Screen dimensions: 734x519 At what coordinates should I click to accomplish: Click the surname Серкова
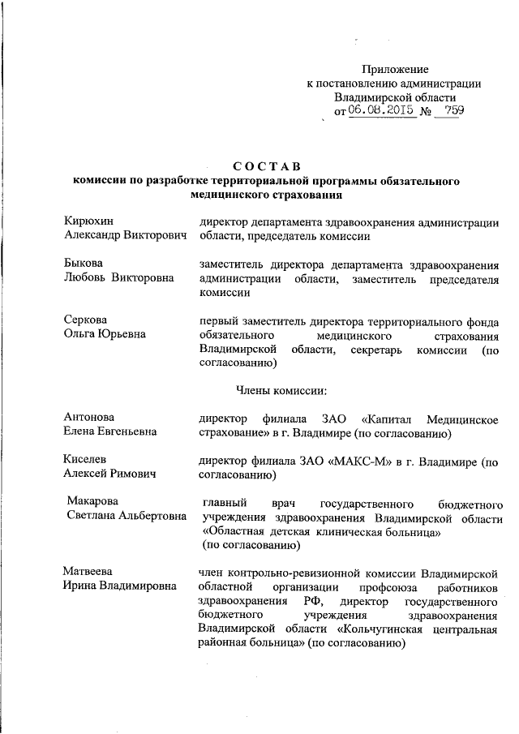[86, 320]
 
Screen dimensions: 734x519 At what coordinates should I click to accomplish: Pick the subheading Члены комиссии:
[281, 390]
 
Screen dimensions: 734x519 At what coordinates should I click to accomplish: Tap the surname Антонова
[89, 418]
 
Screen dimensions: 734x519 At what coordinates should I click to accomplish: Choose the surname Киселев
[87, 460]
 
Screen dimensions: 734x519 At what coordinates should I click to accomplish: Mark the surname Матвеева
[90, 573]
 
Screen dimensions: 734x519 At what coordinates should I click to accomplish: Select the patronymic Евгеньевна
[127, 432]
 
